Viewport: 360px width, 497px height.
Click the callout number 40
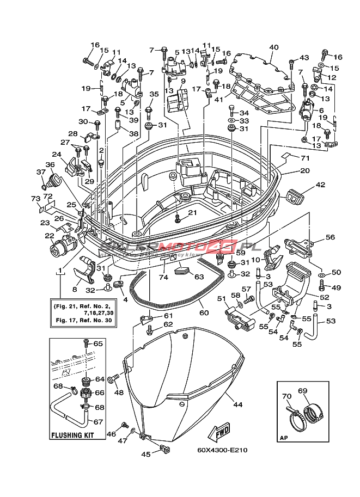tap(273, 47)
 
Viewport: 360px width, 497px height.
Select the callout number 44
tap(237, 404)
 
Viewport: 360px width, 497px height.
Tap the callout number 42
tap(320, 185)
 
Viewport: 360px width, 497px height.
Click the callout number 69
tap(303, 391)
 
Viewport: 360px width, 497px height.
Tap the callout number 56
tap(330, 237)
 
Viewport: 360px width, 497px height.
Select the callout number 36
tap(50, 164)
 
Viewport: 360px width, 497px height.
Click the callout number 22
tap(50, 236)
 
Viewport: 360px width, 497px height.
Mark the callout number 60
tap(204, 313)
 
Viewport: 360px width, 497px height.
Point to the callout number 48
tap(118, 392)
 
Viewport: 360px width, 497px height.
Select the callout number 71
tap(305, 158)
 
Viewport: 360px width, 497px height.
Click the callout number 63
tap(199, 277)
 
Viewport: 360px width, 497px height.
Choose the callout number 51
tap(221, 298)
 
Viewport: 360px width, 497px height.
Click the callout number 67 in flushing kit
tap(98, 421)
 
